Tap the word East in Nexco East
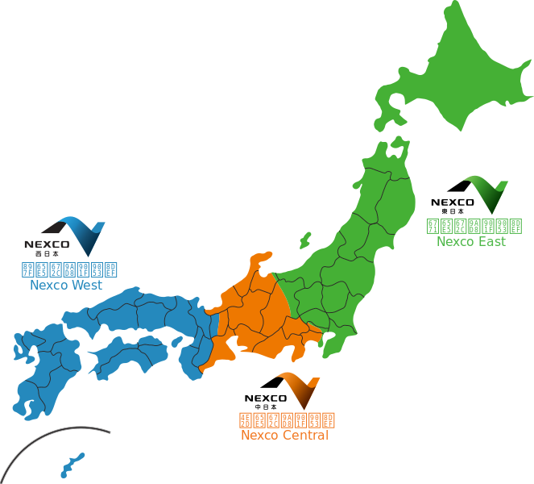[x=491, y=241]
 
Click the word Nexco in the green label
[x=455, y=241]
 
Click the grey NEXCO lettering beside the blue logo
[x=47, y=243]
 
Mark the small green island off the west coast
[x=305, y=240]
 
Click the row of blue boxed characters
[x=70, y=269]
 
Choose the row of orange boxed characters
[x=286, y=419]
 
